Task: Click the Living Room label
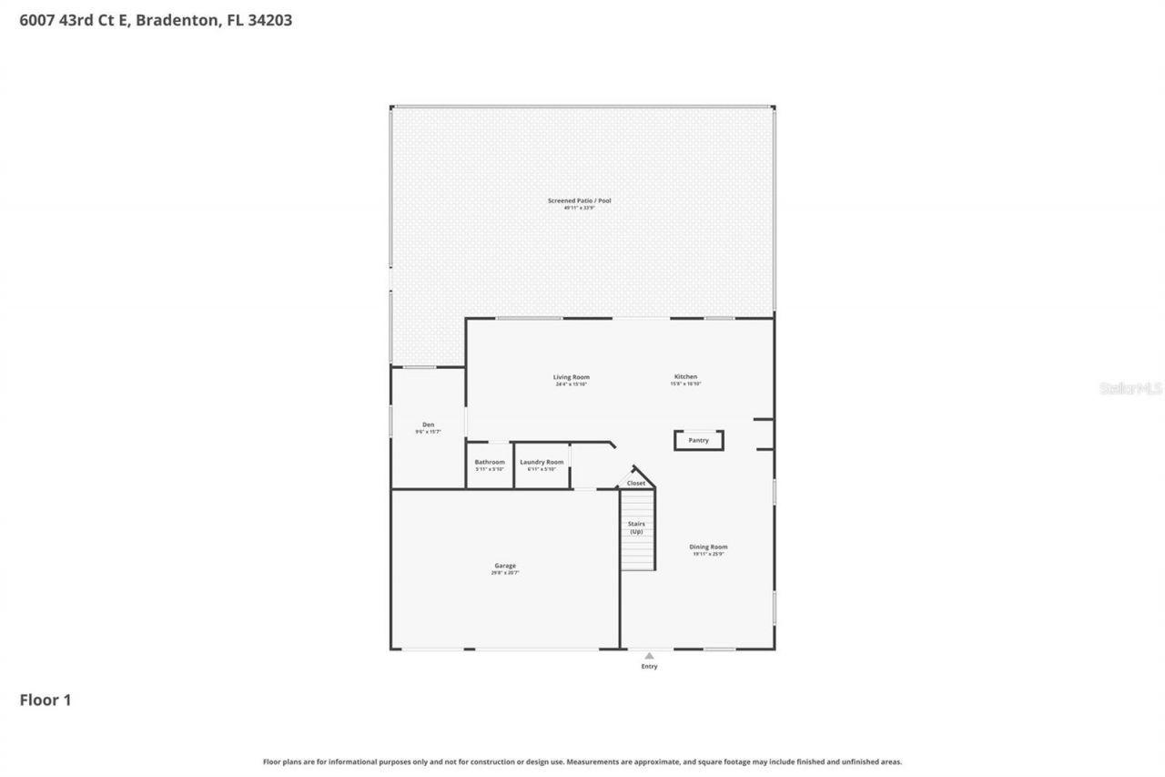click(572, 377)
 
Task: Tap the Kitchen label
click(685, 377)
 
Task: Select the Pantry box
click(698, 441)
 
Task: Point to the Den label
click(428, 424)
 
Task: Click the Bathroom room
click(490, 465)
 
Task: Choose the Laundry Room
click(542, 465)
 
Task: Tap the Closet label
click(636, 483)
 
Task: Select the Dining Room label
click(708, 547)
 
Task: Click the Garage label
click(505, 566)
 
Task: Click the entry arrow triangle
click(649, 655)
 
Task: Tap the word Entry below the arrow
click(649, 667)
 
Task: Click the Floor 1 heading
click(46, 700)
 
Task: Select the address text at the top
click(156, 20)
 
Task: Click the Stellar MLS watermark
click(1130, 388)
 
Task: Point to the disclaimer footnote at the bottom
click(582, 762)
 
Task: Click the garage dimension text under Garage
click(505, 573)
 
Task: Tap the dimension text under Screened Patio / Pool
click(579, 209)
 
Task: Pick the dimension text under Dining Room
click(708, 554)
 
